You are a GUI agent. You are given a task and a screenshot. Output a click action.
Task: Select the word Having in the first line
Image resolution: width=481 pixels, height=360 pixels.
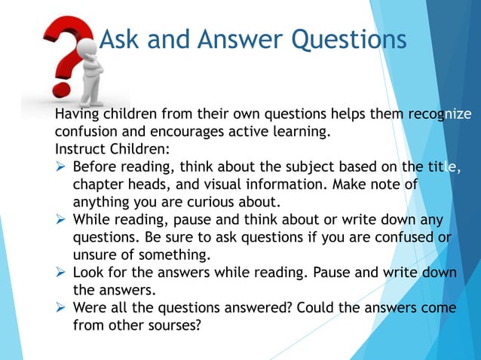point(78,115)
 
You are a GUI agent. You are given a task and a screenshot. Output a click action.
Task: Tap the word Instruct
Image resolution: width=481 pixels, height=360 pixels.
point(80,150)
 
